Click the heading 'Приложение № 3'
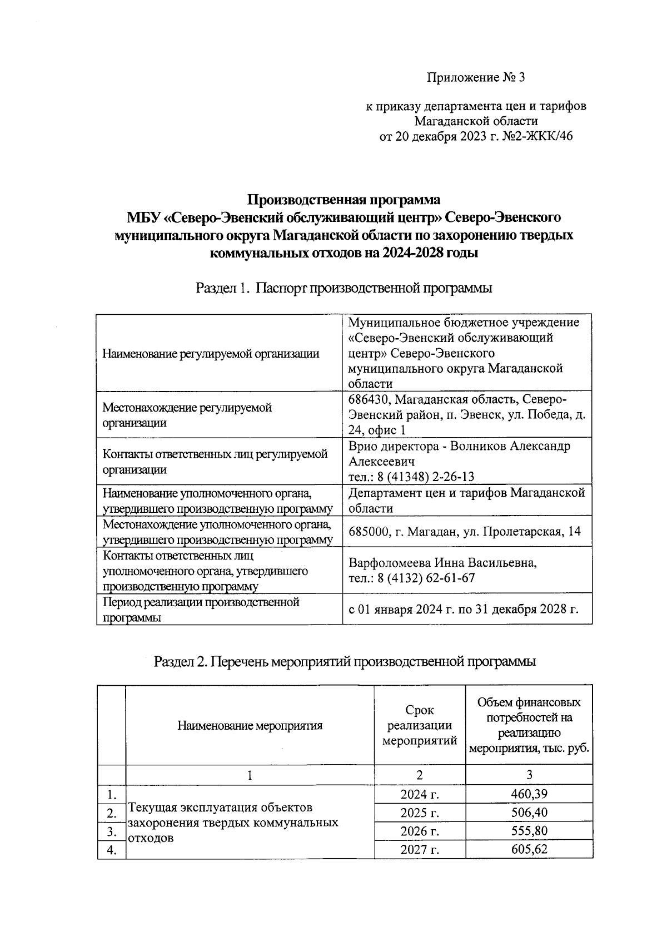[x=476, y=78]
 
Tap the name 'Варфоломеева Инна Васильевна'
[x=442, y=562]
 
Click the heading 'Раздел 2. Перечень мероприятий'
[x=345, y=662]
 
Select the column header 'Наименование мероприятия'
[x=250, y=725]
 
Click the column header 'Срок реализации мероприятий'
[x=419, y=725]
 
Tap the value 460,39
[x=529, y=794]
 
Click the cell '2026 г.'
[x=419, y=831]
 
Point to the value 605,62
[x=529, y=850]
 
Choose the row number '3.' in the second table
[x=111, y=831]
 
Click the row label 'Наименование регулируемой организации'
[x=211, y=353]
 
